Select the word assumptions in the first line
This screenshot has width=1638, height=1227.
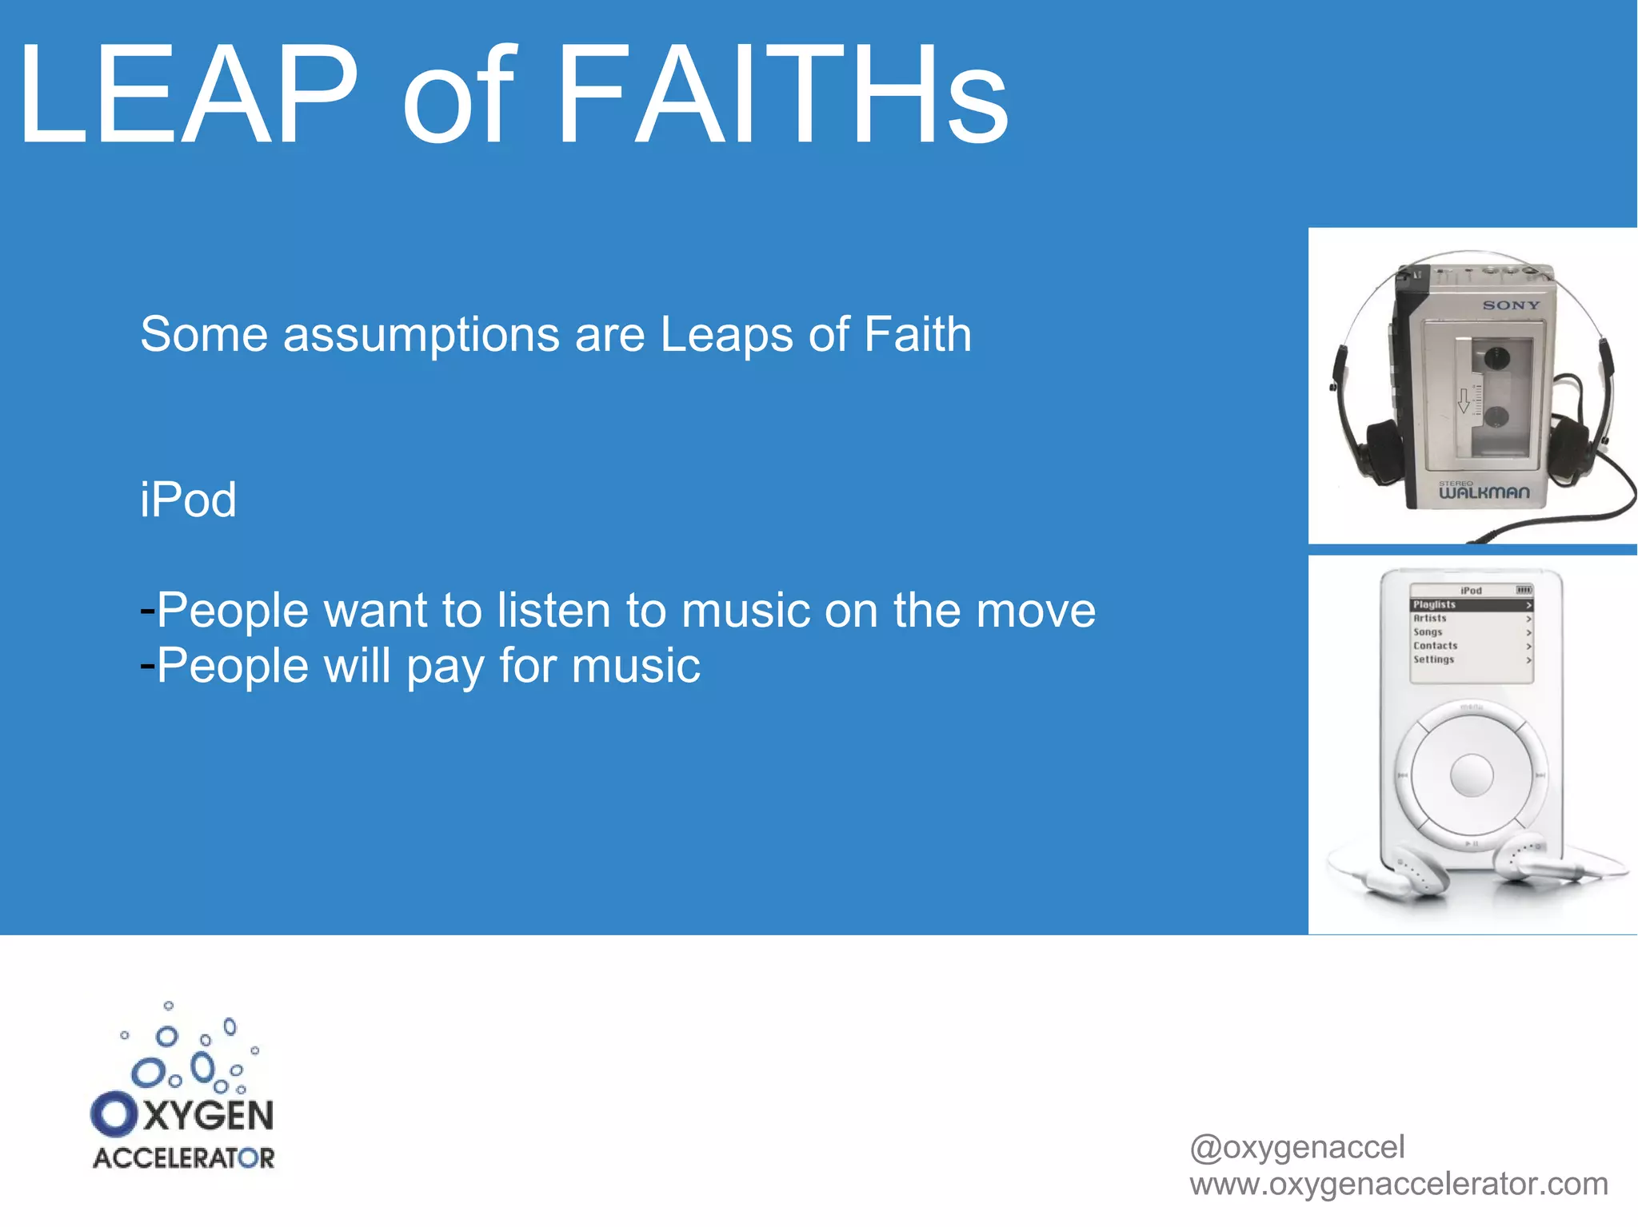point(421,334)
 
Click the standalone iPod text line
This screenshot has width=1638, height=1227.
point(188,500)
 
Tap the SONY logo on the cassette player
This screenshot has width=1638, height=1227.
point(1510,305)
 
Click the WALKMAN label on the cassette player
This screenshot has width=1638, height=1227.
point(1484,492)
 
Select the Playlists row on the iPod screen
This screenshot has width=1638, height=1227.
point(1470,605)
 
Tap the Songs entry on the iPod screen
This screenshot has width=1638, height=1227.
point(1428,632)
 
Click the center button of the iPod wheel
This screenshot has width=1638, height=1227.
point(1471,775)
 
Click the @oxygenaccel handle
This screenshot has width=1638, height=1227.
point(1296,1148)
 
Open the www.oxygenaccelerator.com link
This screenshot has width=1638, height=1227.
point(1398,1184)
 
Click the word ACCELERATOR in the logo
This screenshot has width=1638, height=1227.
point(183,1158)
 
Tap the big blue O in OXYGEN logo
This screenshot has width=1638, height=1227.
point(114,1114)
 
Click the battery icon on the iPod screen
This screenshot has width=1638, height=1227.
point(1524,590)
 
